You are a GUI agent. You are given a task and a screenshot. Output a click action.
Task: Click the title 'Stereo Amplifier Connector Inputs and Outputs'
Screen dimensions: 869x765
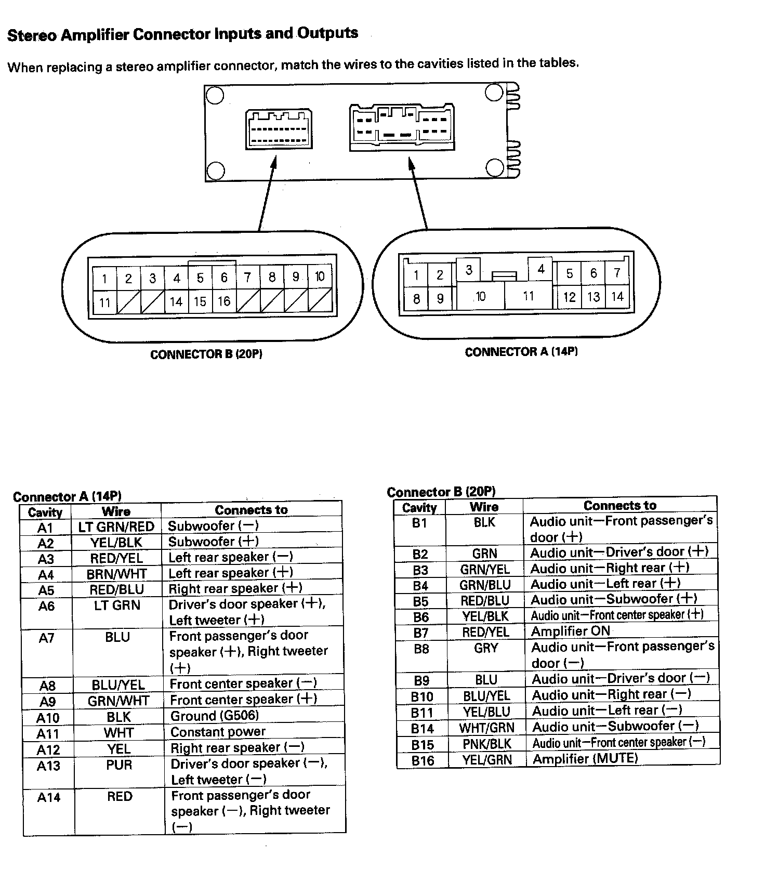coord(182,34)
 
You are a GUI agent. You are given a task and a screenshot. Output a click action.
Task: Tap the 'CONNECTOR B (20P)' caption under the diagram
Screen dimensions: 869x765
coord(206,354)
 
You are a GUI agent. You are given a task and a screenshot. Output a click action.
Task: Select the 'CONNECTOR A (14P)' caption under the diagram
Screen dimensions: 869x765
coord(521,352)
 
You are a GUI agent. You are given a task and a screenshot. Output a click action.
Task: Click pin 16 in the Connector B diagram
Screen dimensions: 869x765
coord(224,301)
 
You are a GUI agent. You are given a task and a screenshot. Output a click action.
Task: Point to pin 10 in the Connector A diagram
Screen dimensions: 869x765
coord(480,297)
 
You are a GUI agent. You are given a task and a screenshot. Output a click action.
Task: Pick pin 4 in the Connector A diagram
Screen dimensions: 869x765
coord(540,269)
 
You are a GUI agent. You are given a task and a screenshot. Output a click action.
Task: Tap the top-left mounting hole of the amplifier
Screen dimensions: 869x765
coord(215,96)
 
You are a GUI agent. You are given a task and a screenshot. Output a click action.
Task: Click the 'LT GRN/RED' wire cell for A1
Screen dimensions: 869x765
coord(116,526)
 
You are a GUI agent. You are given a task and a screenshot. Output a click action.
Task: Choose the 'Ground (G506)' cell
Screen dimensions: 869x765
coord(215,716)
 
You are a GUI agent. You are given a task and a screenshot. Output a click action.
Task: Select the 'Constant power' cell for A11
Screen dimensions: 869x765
coord(218,732)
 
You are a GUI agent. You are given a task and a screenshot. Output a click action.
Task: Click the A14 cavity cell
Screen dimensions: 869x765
coord(48,797)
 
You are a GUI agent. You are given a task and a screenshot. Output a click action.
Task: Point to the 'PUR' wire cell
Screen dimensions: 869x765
coord(119,765)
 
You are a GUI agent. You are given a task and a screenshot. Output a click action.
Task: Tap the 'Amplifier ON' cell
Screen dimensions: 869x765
coord(570,631)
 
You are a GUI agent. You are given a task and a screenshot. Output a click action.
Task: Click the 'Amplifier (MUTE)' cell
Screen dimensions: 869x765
coord(585,758)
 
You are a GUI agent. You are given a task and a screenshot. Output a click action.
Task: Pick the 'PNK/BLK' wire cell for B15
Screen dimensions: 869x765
coord(486,744)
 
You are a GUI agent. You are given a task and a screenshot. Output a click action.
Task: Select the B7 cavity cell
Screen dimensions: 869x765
coord(420,633)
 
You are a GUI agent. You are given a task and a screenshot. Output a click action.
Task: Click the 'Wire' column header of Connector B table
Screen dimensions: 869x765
coord(484,507)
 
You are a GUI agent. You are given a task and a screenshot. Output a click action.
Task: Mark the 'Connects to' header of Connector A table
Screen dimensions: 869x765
coord(251,510)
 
